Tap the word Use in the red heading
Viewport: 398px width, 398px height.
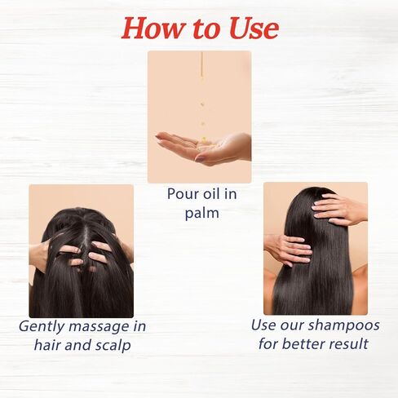click(x=254, y=28)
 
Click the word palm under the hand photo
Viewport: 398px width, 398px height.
click(x=202, y=214)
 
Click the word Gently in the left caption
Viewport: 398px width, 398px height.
click(x=42, y=326)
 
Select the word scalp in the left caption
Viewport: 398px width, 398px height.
click(x=114, y=345)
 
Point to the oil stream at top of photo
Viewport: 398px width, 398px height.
click(x=201, y=65)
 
